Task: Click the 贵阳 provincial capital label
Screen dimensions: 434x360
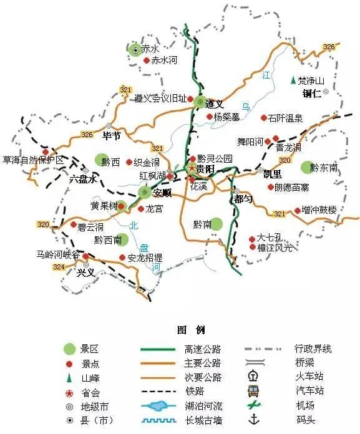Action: coord(205,169)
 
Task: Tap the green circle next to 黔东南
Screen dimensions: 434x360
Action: coord(306,167)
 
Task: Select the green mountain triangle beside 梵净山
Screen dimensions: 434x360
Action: coord(293,81)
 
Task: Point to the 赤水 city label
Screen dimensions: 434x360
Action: coord(150,48)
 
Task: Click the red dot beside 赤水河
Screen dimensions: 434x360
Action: coord(147,60)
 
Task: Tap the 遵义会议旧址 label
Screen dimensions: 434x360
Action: coord(160,99)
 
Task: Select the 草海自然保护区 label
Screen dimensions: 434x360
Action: coord(34,160)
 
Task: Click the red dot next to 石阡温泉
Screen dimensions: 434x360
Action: coord(264,117)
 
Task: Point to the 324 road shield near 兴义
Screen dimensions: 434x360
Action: coord(59,266)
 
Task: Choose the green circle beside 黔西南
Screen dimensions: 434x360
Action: coord(121,239)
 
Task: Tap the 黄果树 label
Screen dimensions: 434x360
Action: coord(103,206)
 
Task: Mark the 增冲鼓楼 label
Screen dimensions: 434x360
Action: coord(319,211)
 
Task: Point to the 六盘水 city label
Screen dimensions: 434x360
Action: coord(83,179)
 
